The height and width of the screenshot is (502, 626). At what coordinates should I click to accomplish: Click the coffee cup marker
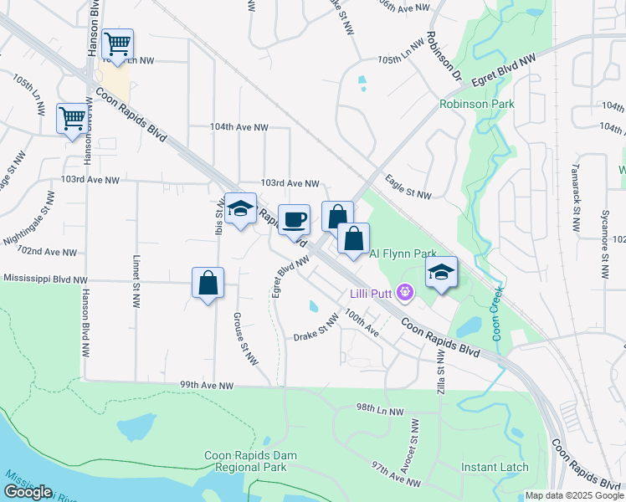[293, 221]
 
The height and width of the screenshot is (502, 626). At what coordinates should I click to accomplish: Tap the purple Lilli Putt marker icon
[406, 292]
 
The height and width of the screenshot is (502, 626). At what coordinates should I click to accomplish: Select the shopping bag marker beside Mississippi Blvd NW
[208, 284]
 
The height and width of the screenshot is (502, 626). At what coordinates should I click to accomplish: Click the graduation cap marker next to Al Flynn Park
[442, 273]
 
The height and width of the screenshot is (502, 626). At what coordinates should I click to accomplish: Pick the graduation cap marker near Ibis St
[240, 209]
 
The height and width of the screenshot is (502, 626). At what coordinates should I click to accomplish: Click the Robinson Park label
[477, 105]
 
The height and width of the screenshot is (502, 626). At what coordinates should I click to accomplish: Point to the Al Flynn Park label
[403, 253]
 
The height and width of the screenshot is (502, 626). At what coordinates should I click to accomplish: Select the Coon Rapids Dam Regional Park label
[251, 461]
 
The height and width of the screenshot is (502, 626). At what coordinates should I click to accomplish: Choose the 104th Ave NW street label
[239, 127]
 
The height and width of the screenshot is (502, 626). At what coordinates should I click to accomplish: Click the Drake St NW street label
[316, 329]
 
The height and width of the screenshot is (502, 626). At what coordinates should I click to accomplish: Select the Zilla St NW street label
[441, 373]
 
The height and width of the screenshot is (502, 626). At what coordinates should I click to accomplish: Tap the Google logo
[28, 492]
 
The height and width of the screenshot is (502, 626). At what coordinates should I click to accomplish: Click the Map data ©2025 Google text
[574, 495]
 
